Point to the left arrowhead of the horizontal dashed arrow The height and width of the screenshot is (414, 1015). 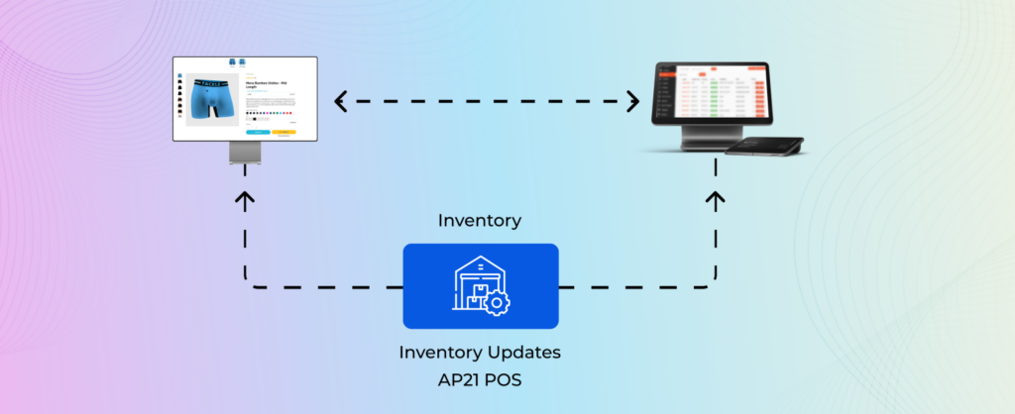tap(339, 100)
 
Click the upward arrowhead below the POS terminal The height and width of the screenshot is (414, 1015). tap(717, 198)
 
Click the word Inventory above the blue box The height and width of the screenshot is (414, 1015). tap(480, 221)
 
